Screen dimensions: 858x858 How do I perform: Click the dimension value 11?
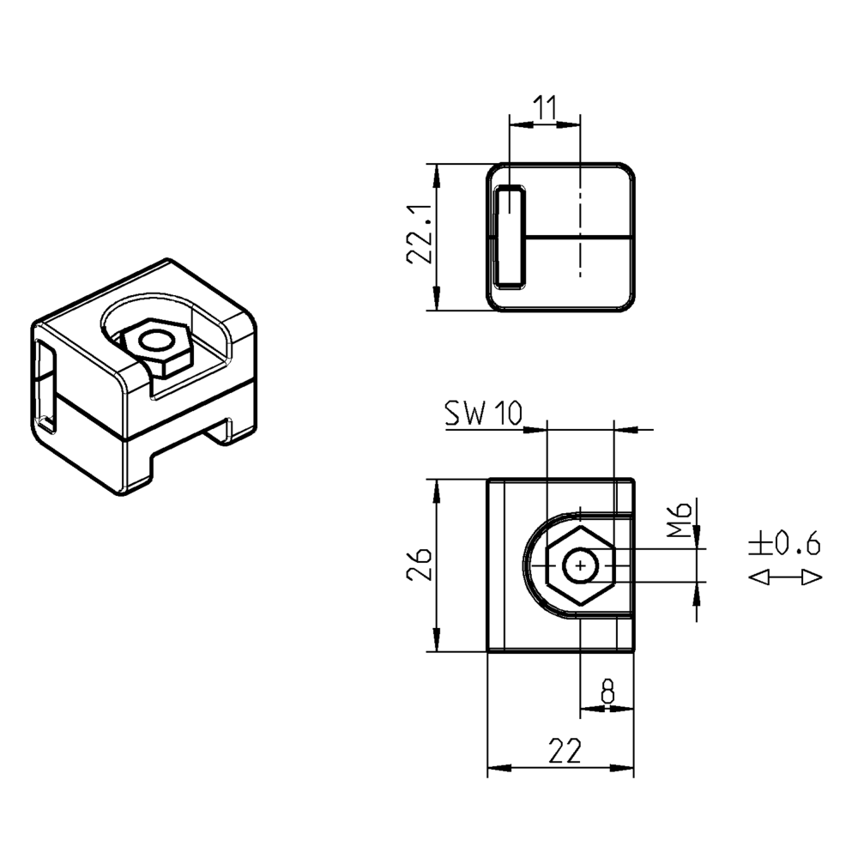pyautogui.click(x=545, y=108)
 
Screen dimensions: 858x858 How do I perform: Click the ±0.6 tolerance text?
pyautogui.click(x=785, y=543)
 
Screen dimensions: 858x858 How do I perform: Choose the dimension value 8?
pyautogui.click(x=607, y=691)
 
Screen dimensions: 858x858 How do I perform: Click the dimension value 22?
pyautogui.click(x=562, y=752)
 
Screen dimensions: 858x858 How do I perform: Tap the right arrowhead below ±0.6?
pyautogui.click(x=812, y=577)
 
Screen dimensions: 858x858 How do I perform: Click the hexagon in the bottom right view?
pyautogui.click(x=581, y=566)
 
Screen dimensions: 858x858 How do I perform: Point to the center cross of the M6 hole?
pyautogui.click(x=582, y=566)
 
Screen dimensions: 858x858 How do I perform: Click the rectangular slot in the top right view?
pyautogui.click(x=512, y=236)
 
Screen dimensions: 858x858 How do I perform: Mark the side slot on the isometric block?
pyautogui.click(x=45, y=386)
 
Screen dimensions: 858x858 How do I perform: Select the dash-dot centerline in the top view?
pyautogui.click(x=581, y=223)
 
